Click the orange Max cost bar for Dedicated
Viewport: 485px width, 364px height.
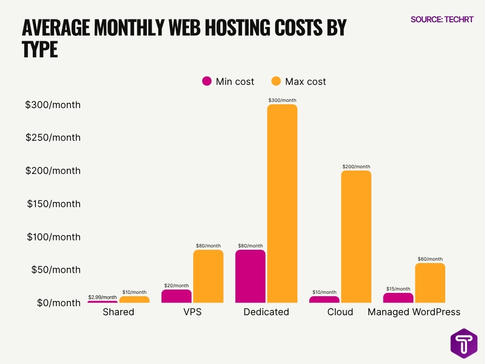282,204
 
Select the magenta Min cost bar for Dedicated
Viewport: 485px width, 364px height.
250,276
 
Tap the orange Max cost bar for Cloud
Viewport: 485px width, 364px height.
356,237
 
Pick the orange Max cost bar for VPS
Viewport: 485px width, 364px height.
208,276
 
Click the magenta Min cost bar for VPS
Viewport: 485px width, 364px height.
176,296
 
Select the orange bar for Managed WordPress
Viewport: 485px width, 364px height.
430,283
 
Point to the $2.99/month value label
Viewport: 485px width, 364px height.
102,297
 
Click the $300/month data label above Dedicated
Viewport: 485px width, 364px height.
282,100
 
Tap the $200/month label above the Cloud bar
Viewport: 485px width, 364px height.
356,167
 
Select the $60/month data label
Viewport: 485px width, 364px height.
430,259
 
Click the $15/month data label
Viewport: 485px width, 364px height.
398,289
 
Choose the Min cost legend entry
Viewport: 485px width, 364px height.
228,82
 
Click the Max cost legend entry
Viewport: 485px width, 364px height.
298,82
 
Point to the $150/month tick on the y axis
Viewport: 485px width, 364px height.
54,204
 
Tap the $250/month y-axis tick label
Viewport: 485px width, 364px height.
54,137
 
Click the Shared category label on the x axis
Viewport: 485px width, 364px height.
118,312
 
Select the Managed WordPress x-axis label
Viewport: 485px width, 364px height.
414,312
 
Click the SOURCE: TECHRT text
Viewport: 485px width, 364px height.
441,19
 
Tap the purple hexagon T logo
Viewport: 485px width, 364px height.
464,343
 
